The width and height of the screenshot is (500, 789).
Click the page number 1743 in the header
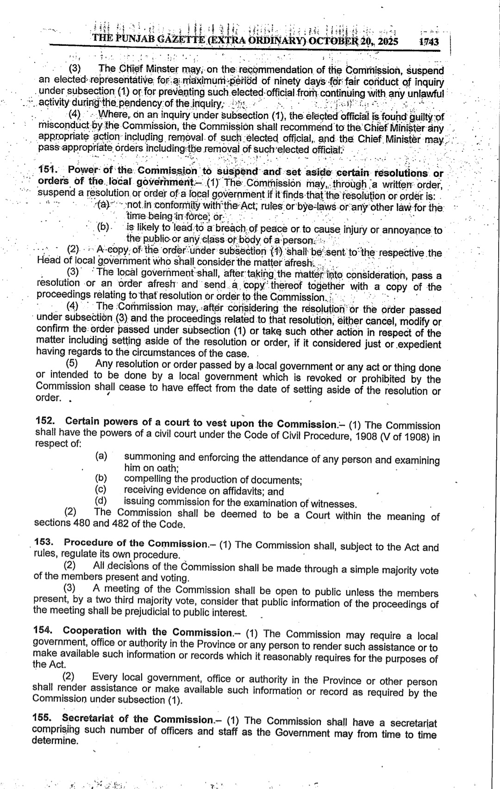tap(428, 42)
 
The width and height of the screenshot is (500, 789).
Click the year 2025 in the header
tap(385, 41)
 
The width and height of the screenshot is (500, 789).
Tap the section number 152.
tap(45, 421)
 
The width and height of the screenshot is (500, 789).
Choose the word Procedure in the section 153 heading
tap(87, 542)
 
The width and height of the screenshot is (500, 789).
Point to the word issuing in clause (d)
tap(140, 501)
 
